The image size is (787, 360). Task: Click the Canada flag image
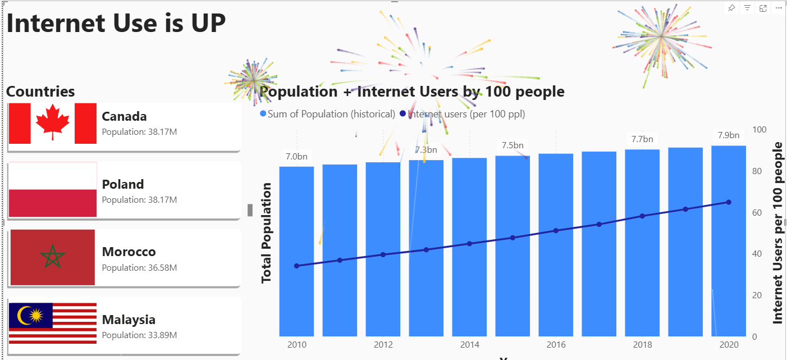[53, 123]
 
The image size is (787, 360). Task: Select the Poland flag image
[53, 189]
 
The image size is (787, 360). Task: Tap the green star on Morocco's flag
[52, 257]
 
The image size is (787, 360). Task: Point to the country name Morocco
[129, 252]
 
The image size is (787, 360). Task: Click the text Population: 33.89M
[139, 335]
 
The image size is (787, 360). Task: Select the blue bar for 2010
[296, 251]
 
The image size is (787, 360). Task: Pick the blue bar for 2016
[556, 245]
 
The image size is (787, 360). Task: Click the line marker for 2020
[729, 202]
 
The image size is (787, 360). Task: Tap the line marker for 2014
[469, 244]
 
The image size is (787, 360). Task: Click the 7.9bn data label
[729, 135]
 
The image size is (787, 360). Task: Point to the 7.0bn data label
[296, 157]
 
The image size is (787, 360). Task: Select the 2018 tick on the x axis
[642, 344]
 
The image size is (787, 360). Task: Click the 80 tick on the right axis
[758, 171]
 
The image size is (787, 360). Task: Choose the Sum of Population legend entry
[328, 114]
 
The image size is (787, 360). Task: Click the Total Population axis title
[266, 233]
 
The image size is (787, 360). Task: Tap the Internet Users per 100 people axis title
[777, 233]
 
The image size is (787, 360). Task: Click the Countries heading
[40, 92]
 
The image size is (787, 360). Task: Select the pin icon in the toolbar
[731, 8]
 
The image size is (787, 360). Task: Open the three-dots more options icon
[779, 8]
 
